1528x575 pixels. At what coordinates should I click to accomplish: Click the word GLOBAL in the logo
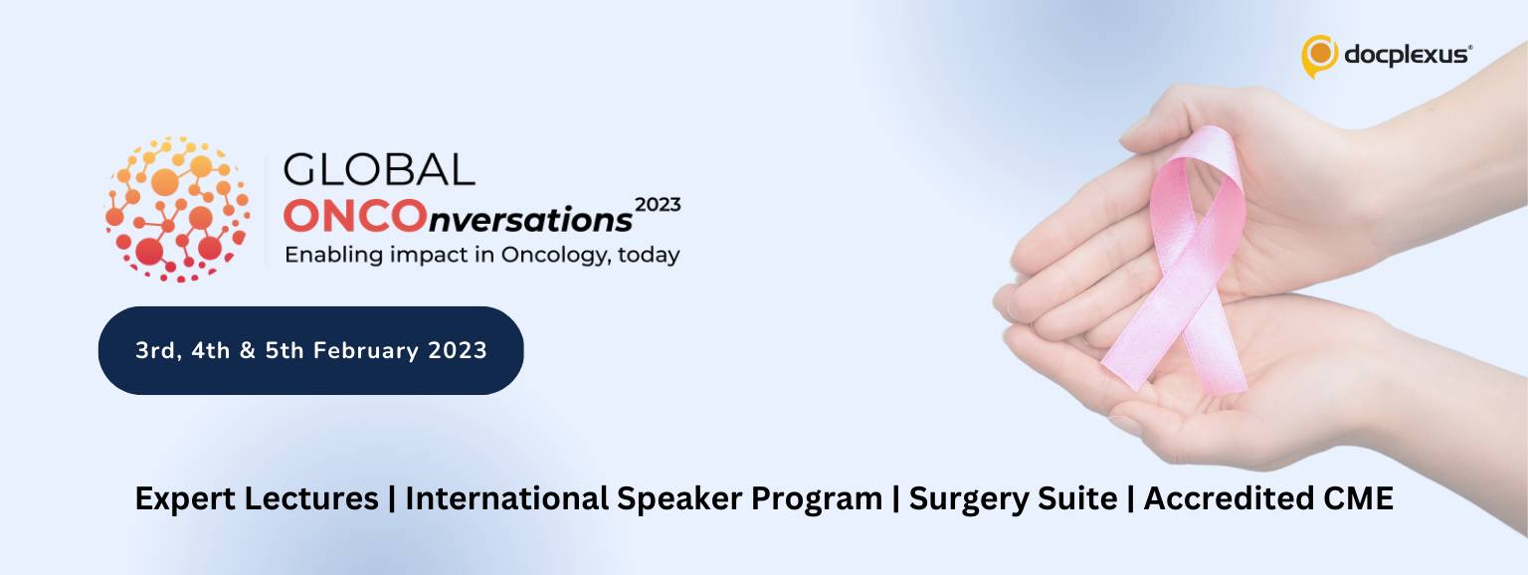pyautogui.click(x=379, y=170)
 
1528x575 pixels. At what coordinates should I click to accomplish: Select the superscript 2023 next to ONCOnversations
pyautogui.click(x=658, y=205)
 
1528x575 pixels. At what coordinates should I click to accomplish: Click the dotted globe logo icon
pyautogui.click(x=177, y=209)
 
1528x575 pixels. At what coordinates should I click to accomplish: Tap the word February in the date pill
pyautogui.click(x=366, y=350)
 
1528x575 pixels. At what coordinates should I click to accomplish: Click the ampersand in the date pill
pyautogui.click(x=248, y=350)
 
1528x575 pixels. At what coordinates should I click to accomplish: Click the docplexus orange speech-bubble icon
pyautogui.click(x=1319, y=56)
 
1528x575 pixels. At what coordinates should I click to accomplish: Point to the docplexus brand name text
pyautogui.click(x=1408, y=55)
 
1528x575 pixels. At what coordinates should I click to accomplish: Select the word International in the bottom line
pyautogui.click(x=506, y=498)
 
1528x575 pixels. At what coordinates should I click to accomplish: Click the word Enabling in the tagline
pyautogui.click(x=333, y=256)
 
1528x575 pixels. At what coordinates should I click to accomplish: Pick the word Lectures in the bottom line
pyautogui.click(x=310, y=498)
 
